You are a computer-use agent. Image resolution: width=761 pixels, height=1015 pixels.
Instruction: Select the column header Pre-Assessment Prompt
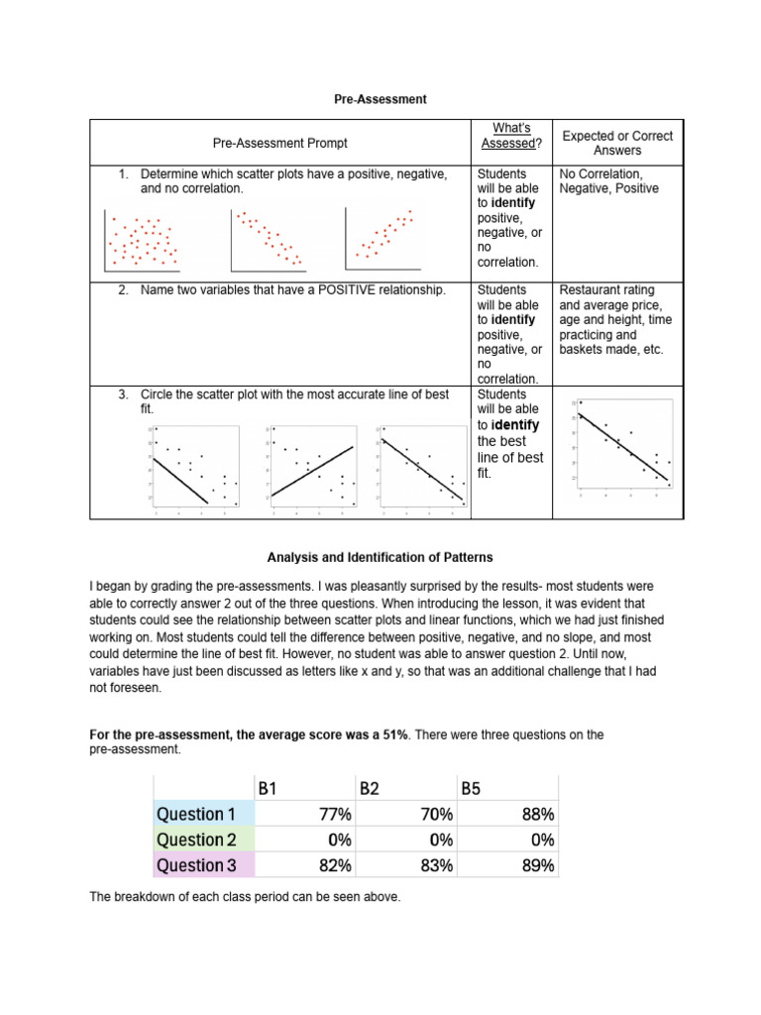[x=279, y=144]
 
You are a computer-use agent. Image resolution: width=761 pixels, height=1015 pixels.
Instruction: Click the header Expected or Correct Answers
[x=617, y=143]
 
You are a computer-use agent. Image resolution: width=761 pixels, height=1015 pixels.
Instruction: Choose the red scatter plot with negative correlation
[x=268, y=241]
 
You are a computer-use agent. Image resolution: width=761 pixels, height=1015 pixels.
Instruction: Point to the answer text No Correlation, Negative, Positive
[x=609, y=180]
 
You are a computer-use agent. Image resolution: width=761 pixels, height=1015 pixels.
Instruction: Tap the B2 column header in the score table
[x=370, y=789]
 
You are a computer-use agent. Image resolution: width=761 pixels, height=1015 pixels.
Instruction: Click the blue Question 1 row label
[x=203, y=814]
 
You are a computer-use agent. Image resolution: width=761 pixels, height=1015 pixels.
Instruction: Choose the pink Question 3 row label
[x=203, y=865]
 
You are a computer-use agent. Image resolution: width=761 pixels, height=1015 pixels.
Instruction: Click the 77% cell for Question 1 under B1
[x=331, y=814]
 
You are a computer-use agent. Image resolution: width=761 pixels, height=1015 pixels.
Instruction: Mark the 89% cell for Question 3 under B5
[x=536, y=865]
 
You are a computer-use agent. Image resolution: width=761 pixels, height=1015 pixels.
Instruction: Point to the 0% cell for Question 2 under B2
[x=436, y=840]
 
